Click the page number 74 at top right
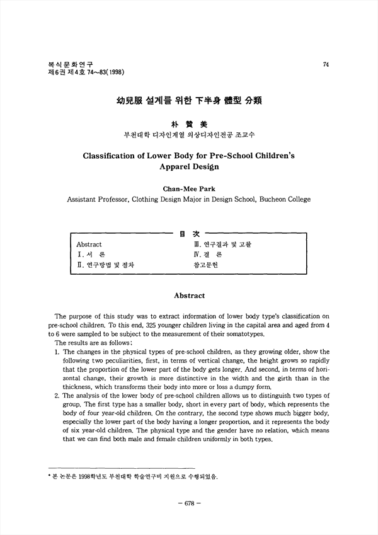point(326,64)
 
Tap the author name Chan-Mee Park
point(188,187)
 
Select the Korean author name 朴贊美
point(188,125)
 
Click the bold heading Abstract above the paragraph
point(188,294)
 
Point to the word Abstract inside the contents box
point(89,244)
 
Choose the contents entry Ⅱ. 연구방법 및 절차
point(105,266)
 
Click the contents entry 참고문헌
point(207,266)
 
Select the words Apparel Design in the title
point(188,167)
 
